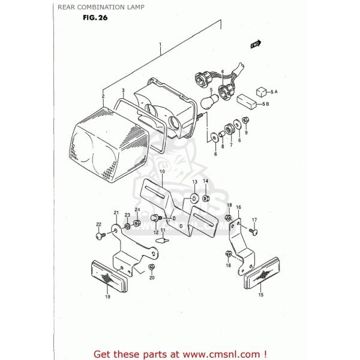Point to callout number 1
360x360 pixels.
click(160, 45)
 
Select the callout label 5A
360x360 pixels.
click(273, 91)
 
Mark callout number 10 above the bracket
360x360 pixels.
click(161, 171)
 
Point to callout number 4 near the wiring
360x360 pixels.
click(222, 71)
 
